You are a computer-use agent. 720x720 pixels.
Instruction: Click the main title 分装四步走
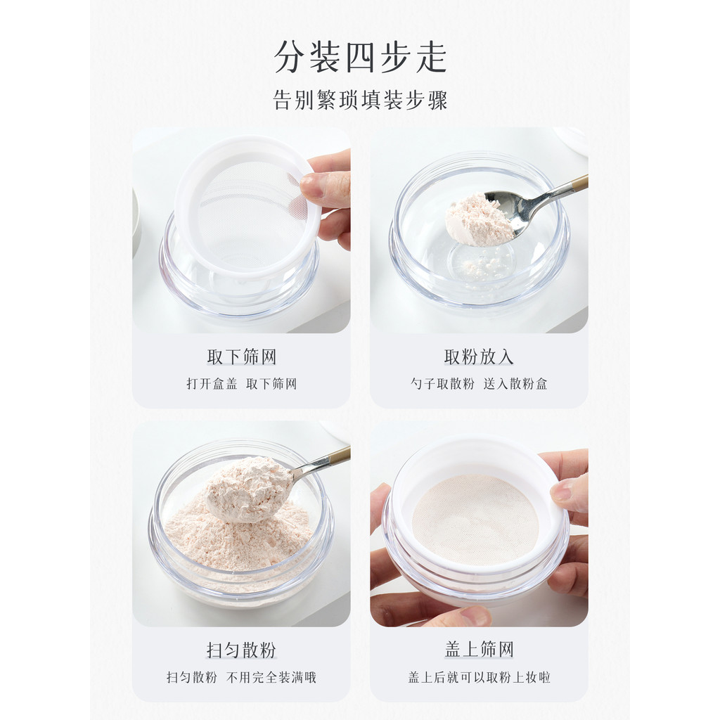pyautogui.click(x=361, y=57)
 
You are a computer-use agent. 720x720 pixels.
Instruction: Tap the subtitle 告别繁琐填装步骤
pyautogui.click(x=361, y=100)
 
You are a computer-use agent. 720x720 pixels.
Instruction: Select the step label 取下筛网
pyautogui.click(x=242, y=356)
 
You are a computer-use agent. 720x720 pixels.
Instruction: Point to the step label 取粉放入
pyautogui.click(x=479, y=356)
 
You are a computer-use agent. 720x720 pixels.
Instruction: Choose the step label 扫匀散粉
pyautogui.click(x=242, y=650)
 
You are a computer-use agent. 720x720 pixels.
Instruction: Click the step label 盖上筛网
pyautogui.click(x=479, y=650)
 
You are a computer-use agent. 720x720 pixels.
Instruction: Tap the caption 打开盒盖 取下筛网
pyautogui.click(x=242, y=384)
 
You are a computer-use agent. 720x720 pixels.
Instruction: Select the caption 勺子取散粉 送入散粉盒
pyautogui.click(x=479, y=384)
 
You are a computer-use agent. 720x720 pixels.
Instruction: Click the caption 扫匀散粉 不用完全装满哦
pyautogui.click(x=242, y=677)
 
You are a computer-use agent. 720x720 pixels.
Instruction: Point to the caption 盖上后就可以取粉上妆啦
pyautogui.click(x=479, y=677)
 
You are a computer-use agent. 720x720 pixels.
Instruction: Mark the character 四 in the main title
pyautogui.click(x=360, y=57)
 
